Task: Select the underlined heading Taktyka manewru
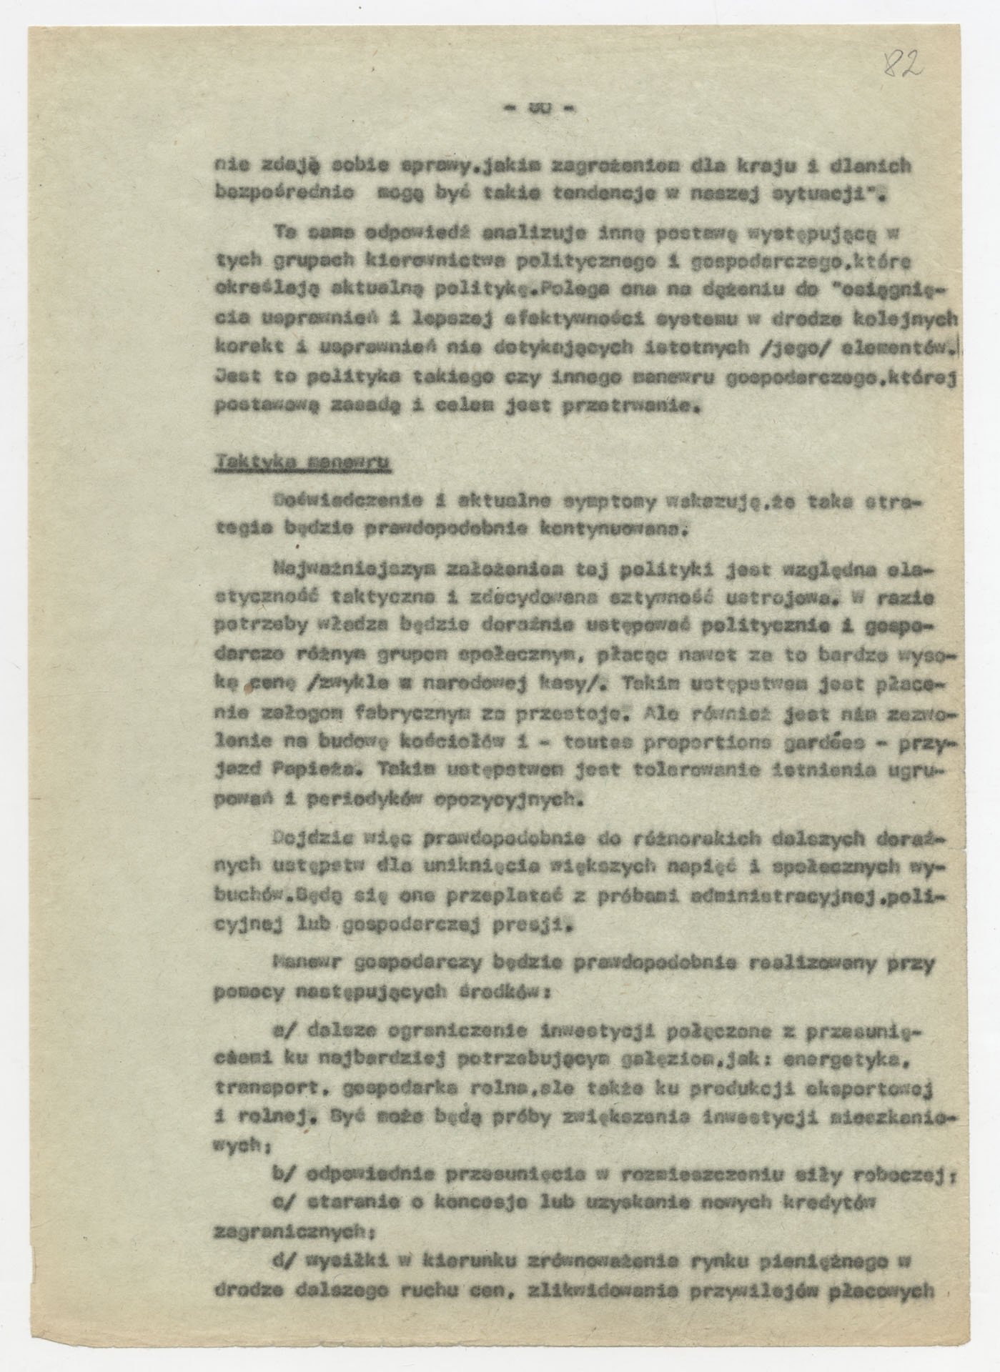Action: pos(302,464)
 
